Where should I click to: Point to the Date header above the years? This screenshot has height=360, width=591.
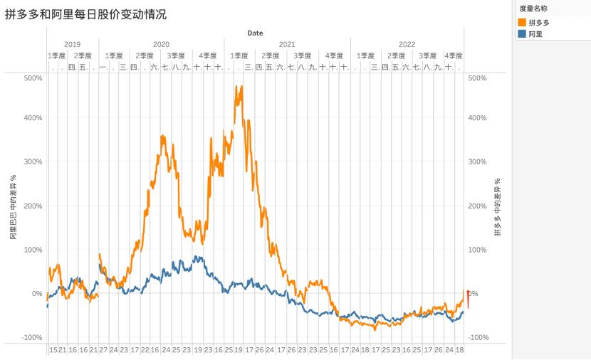(255, 33)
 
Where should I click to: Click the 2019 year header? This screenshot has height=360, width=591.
(72, 44)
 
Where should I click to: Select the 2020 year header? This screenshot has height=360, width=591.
(161, 44)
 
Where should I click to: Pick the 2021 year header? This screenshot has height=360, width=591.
(286, 44)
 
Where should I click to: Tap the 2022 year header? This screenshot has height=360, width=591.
(407, 44)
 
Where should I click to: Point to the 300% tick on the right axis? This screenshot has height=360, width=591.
(477, 162)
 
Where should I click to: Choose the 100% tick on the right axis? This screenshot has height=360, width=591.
(477, 250)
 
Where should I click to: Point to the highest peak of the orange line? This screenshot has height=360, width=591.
(241, 87)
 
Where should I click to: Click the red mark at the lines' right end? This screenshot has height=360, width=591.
(468, 297)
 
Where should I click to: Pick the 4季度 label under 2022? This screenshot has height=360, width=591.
(453, 55)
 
